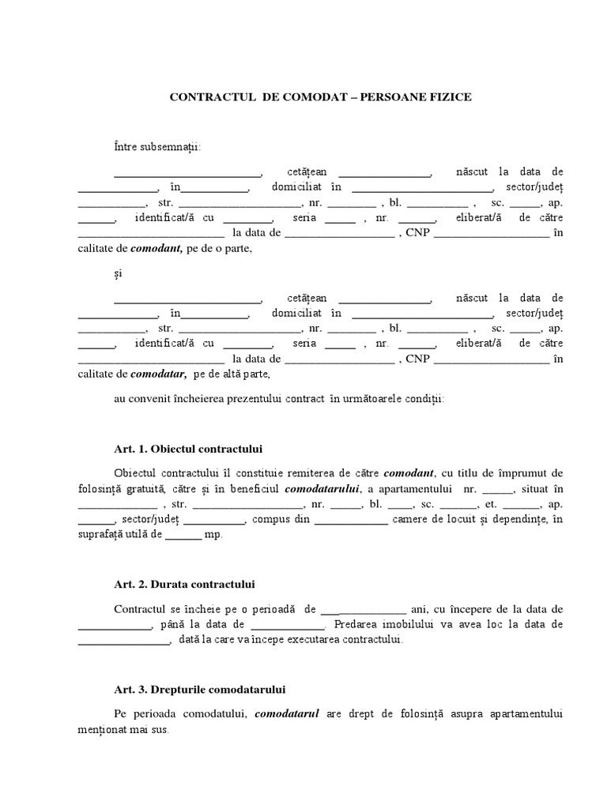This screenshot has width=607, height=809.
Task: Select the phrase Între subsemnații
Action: [157, 147]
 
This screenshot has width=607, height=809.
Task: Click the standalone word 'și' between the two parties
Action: [119, 273]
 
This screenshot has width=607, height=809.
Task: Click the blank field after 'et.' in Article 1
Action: [521, 504]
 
